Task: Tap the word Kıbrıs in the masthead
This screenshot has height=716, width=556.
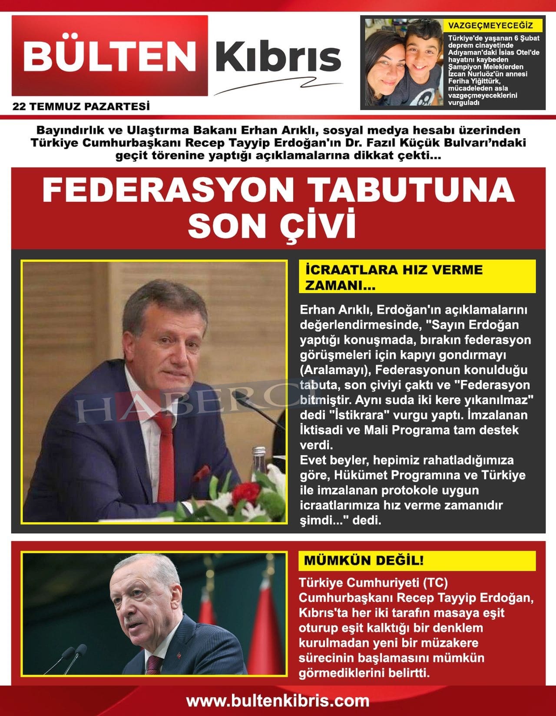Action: click(278, 57)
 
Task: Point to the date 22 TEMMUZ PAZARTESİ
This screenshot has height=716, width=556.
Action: click(81, 106)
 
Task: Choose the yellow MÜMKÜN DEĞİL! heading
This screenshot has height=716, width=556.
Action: click(364, 560)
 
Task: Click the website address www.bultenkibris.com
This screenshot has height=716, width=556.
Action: click(278, 701)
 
